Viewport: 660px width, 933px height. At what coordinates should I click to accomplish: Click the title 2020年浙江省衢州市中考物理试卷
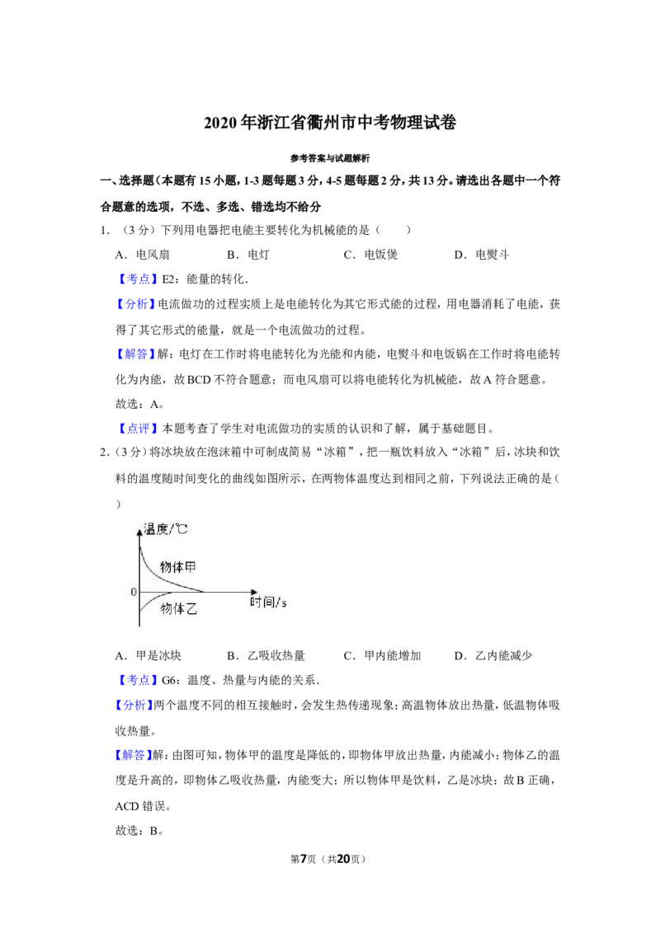click(330, 123)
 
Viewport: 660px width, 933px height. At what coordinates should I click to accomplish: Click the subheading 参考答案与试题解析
click(330, 158)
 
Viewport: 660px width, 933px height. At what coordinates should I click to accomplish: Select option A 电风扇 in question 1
click(143, 255)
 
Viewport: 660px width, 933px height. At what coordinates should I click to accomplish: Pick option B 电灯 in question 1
click(247, 255)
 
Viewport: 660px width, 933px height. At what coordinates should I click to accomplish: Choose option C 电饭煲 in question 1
click(370, 255)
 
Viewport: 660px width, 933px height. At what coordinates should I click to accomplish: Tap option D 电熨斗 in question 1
click(481, 255)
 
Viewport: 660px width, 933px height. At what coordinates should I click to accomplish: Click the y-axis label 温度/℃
click(165, 529)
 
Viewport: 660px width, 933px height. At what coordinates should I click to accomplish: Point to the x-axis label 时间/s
click(268, 602)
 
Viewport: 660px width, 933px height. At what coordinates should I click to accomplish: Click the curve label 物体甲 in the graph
click(177, 567)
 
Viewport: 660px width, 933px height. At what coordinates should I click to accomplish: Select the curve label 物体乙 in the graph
click(179, 608)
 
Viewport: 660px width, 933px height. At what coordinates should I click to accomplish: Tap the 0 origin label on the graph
click(134, 592)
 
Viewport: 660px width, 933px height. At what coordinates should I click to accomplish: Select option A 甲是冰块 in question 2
click(148, 656)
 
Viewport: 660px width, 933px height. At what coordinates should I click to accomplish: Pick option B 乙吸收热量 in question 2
click(266, 656)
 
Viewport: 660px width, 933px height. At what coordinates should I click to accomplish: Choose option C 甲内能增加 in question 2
click(383, 656)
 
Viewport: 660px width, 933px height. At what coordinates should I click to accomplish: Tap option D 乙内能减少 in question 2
click(493, 656)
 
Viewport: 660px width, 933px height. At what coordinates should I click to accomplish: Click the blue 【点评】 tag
click(138, 429)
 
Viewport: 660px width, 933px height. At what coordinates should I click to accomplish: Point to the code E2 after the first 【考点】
click(168, 279)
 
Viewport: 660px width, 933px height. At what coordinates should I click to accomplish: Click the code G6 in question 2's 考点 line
click(169, 680)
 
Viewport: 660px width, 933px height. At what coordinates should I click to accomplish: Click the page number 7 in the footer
click(303, 859)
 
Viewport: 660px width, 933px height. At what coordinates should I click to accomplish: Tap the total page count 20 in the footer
click(344, 859)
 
